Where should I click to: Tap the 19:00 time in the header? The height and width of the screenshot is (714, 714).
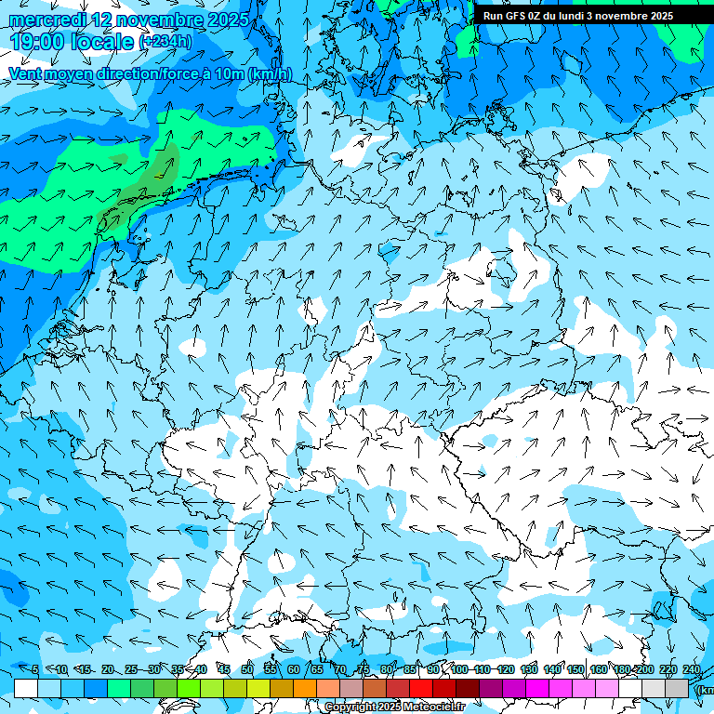(x=41, y=42)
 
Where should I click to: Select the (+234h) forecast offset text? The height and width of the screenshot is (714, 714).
(x=165, y=42)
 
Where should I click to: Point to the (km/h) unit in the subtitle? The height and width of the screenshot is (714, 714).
(x=270, y=74)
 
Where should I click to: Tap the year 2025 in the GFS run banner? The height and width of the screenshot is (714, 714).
(x=656, y=16)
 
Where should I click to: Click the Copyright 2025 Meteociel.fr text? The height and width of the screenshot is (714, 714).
(x=394, y=707)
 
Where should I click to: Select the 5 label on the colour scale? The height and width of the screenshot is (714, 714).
(x=33, y=669)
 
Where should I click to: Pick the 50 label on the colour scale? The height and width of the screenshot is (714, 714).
(x=247, y=669)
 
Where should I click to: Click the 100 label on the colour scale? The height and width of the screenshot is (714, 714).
(x=459, y=669)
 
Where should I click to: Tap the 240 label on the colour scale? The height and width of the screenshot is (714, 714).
(x=692, y=669)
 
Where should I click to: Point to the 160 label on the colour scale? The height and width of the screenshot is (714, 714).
(x=599, y=669)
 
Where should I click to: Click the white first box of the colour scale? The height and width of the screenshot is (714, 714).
(x=26, y=688)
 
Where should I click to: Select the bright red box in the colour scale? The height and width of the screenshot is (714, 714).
(x=421, y=688)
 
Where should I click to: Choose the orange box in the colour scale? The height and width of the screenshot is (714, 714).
(x=305, y=688)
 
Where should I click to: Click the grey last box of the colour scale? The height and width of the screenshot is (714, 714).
(x=677, y=688)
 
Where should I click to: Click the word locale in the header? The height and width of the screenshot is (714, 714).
(x=106, y=42)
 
